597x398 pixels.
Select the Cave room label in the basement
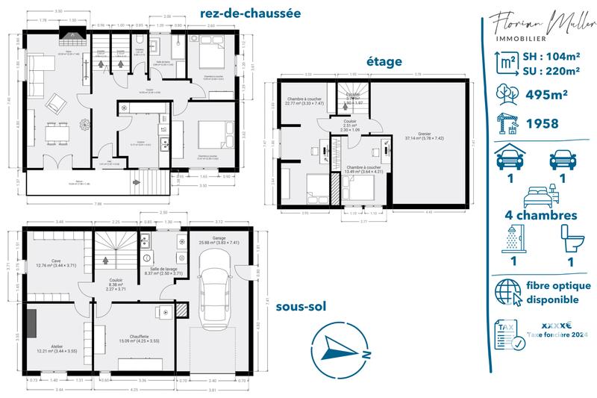pos(56,261)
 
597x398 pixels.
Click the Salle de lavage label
pos(163,270)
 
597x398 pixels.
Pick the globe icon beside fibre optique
pos(510,293)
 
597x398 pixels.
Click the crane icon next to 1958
pos(508,122)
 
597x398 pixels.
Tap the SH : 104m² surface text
pos(551,55)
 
